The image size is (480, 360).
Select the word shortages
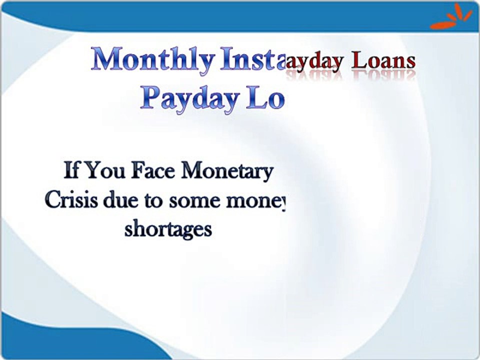[168, 230]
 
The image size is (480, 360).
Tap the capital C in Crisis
[52, 200]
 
